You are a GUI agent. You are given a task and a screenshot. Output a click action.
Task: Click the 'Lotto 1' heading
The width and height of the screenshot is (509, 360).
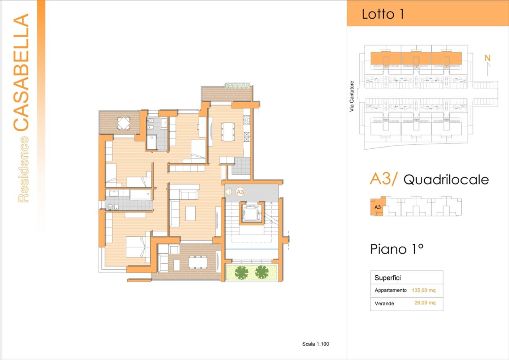(383, 14)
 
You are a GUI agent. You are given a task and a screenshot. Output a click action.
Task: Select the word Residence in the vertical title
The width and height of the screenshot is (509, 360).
(23, 169)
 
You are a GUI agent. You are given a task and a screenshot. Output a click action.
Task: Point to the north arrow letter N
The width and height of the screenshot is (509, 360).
(488, 58)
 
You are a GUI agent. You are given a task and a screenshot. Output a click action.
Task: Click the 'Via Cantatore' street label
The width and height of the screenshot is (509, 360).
(352, 96)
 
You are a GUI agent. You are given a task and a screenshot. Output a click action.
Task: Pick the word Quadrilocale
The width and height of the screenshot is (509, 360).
(446, 180)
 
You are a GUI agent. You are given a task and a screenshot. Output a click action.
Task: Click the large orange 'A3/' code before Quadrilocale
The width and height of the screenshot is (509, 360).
(383, 179)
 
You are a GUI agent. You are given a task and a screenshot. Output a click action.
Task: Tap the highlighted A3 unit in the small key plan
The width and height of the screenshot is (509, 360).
(377, 207)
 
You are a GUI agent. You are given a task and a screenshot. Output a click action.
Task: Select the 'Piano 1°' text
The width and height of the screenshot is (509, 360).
(396, 249)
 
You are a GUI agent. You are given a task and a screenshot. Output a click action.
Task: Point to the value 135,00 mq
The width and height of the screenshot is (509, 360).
(424, 290)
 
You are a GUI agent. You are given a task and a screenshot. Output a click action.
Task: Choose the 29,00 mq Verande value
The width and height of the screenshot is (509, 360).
(425, 303)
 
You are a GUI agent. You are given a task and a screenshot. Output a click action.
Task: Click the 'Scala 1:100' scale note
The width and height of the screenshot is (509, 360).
(315, 344)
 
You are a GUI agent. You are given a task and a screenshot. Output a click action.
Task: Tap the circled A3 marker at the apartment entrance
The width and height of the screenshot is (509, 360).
(240, 192)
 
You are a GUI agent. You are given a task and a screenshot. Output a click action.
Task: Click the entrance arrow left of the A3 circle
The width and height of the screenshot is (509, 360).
(228, 192)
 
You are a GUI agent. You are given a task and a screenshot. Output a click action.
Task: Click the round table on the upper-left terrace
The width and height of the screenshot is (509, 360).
(124, 123)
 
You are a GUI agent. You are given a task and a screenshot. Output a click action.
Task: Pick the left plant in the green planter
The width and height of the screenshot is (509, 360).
(241, 272)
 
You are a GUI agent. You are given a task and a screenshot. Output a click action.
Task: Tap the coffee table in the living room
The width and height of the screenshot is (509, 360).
(190, 212)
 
